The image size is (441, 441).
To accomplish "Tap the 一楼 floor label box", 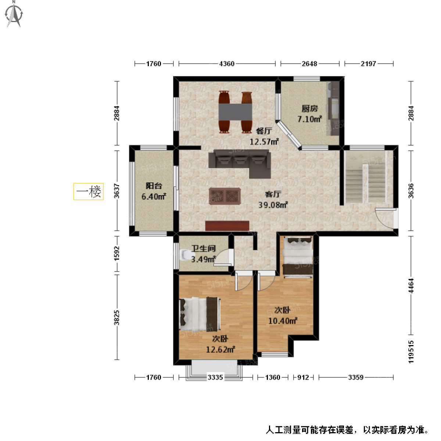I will pos(88,191).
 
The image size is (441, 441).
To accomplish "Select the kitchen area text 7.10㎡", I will pos(309,119).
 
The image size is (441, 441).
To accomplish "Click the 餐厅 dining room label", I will pos(264,131).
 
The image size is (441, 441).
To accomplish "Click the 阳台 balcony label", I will pos(154,186).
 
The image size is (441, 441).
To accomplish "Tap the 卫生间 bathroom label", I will pos(203,249).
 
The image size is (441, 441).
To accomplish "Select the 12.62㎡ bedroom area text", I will pos(220,349).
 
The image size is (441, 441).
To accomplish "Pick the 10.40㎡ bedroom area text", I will pos(283,321).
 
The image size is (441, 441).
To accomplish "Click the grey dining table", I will pos(235,112).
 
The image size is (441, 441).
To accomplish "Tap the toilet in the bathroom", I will pos(186,254).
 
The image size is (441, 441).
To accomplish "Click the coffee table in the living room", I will pos(225,196).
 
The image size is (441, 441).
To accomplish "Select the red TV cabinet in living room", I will pos(227,226).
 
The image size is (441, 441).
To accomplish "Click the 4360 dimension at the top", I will pos(227,64).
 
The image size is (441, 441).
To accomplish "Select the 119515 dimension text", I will pos(411,352).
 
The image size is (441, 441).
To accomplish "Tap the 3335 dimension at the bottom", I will pos(215,377).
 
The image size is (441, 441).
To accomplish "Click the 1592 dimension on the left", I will pos(117,254).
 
